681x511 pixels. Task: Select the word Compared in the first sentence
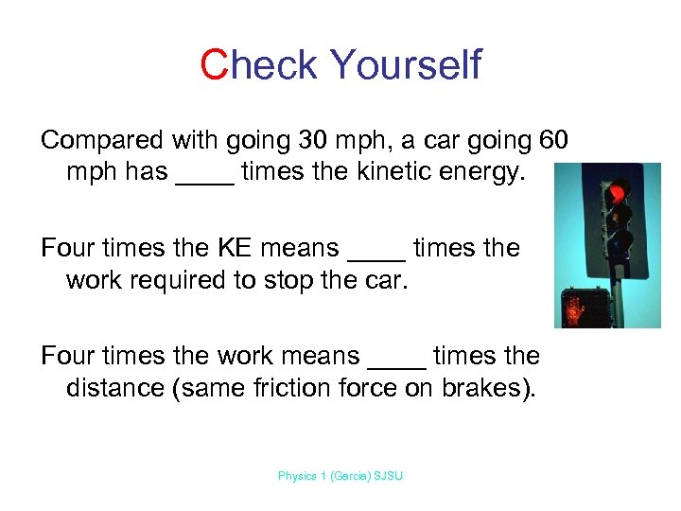click(x=102, y=140)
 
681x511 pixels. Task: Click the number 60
click(x=553, y=140)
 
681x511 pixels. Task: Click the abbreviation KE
click(x=248, y=248)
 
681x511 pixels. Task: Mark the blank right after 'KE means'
click(x=376, y=255)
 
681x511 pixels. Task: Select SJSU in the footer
click(x=388, y=476)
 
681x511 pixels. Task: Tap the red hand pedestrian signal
click(x=578, y=307)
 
